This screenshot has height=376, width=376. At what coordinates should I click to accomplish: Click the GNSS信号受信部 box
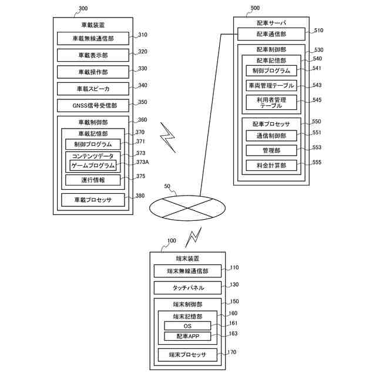(x=93, y=106)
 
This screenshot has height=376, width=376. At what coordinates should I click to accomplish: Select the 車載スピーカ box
(x=93, y=89)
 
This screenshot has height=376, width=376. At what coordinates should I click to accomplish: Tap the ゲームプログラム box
(x=93, y=166)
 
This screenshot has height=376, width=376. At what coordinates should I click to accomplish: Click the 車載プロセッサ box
(x=93, y=200)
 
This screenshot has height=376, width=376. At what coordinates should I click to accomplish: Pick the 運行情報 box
(x=93, y=180)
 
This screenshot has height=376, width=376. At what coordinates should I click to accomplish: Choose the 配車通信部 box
(x=271, y=34)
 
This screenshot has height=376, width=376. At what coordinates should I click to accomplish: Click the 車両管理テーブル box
(x=271, y=85)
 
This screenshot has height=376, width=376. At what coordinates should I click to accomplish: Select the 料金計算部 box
(x=271, y=166)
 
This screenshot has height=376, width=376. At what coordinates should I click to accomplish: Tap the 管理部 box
(x=271, y=150)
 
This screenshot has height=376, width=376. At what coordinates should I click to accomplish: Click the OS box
(x=187, y=326)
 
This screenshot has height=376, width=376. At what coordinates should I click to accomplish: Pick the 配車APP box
(x=187, y=336)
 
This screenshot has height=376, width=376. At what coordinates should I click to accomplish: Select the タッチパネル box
(x=187, y=288)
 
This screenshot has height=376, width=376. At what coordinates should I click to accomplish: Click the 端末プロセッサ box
(x=187, y=355)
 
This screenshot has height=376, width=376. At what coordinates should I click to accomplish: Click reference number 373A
(x=142, y=162)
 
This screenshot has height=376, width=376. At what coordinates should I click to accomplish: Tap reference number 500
(x=255, y=8)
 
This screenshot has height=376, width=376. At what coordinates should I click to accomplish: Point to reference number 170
(x=232, y=352)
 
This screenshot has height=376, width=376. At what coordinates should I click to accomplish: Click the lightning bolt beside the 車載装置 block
(x=168, y=137)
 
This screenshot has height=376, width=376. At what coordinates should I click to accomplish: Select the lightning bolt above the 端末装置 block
(x=193, y=237)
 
